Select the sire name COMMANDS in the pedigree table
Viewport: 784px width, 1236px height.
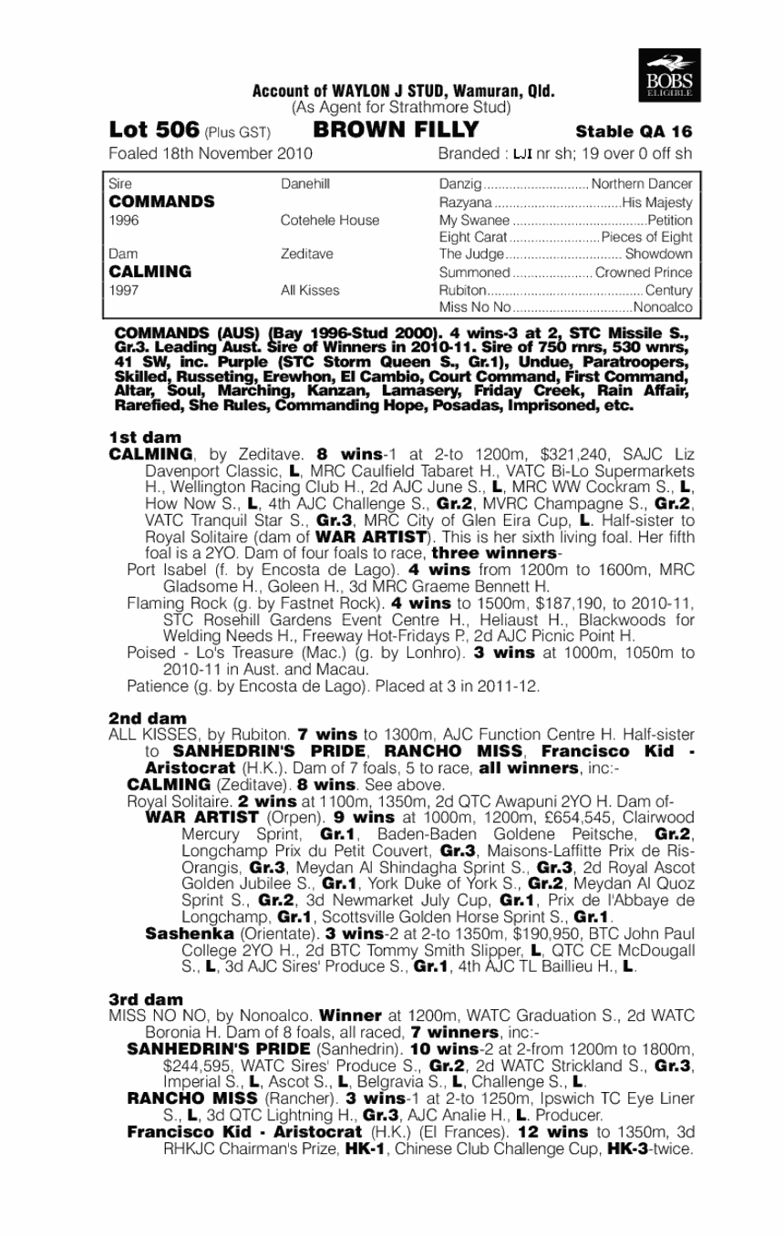coord(161,201)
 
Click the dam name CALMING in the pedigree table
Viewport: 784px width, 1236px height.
coord(150,272)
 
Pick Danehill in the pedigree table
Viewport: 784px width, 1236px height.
coord(305,184)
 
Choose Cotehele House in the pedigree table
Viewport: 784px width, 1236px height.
coord(330,220)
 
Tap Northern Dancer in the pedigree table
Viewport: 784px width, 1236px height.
coord(643,184)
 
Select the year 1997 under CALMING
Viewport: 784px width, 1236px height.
coord(123,290)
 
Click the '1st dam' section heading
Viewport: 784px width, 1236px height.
coord(144,438)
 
